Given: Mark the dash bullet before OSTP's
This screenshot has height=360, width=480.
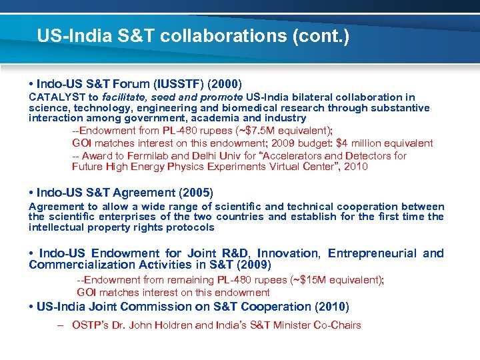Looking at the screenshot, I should coord(60,325).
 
